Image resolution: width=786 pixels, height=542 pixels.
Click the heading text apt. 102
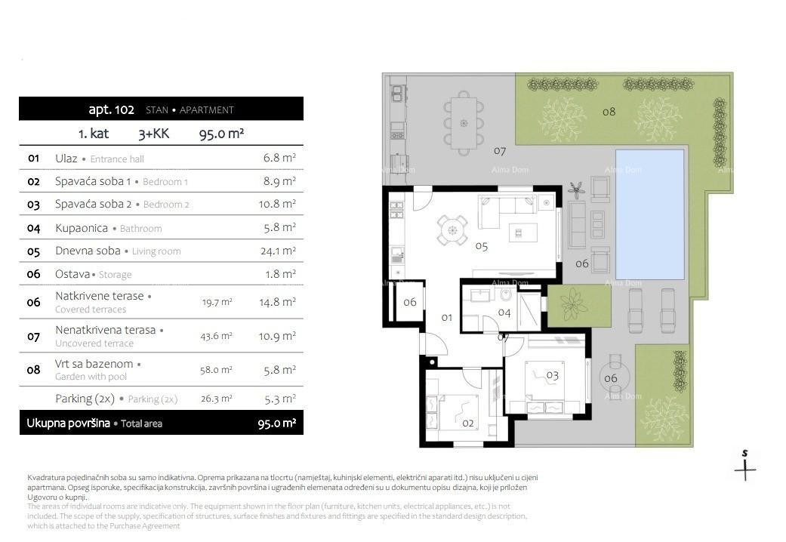[111, 109]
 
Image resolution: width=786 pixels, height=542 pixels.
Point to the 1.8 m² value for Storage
[280, 274]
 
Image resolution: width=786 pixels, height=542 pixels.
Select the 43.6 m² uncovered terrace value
[217, 336]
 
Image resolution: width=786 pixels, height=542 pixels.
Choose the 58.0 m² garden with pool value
[217, 370]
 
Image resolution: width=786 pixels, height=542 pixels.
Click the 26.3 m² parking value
[217, 399]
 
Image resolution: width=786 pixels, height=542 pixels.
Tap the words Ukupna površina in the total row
[68, 423]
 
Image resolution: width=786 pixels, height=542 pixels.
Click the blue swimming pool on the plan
[649, 214]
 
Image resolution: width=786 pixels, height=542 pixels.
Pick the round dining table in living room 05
[452, 231]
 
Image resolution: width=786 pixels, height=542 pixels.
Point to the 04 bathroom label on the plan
[504, 312]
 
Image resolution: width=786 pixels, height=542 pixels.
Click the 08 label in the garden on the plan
[609, 112]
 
